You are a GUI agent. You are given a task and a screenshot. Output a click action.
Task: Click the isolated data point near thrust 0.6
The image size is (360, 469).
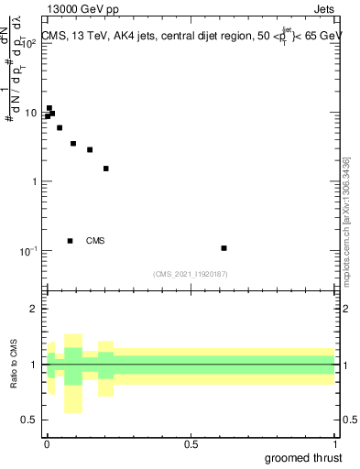click(x=224, y=247)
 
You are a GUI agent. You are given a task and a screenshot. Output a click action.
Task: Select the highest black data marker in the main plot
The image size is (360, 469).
click(x=49, y=108)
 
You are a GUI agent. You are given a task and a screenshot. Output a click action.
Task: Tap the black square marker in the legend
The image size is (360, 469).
click(x=70, y=241)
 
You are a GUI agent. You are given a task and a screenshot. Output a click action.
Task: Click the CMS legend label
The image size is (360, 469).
click(x=95, y=241)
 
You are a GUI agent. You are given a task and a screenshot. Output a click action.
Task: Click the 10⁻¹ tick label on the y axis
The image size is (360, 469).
click(x=26, y=250)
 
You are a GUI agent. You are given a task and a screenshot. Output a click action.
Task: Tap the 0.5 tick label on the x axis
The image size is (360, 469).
click(x=191, y=443)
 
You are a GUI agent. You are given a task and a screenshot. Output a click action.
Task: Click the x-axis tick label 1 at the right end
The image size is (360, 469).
click(x=334, y=443)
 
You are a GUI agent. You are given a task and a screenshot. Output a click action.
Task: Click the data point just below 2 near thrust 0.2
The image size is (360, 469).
click(x=106, y=169)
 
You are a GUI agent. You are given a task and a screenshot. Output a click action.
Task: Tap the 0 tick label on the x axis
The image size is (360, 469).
click(x=47, y=443)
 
